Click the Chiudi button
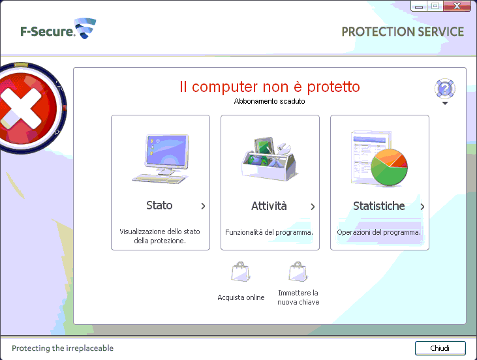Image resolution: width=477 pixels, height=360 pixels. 440,348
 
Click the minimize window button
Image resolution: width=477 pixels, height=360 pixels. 419,7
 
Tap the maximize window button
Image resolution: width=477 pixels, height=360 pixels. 435,6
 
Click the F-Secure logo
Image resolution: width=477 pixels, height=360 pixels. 58,29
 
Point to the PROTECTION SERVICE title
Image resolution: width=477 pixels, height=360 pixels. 403,31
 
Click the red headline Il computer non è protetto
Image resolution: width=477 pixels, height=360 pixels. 269,87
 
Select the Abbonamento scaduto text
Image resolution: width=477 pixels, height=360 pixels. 269,101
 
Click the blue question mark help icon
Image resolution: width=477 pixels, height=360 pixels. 445,89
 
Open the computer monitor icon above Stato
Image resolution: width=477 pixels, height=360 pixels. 161,158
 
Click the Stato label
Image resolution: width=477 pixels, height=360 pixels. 159,205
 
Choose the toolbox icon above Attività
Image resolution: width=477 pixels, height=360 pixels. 269,158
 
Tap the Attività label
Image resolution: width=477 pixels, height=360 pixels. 269,206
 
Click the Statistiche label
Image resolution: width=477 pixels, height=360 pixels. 379,206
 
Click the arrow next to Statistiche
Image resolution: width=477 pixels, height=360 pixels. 422,207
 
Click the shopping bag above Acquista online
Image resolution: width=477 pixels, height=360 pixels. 240,271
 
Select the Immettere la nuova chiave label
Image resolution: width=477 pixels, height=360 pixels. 298,297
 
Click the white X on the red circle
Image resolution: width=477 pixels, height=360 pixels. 21,108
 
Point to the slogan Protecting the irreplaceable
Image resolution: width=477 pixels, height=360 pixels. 63,348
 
